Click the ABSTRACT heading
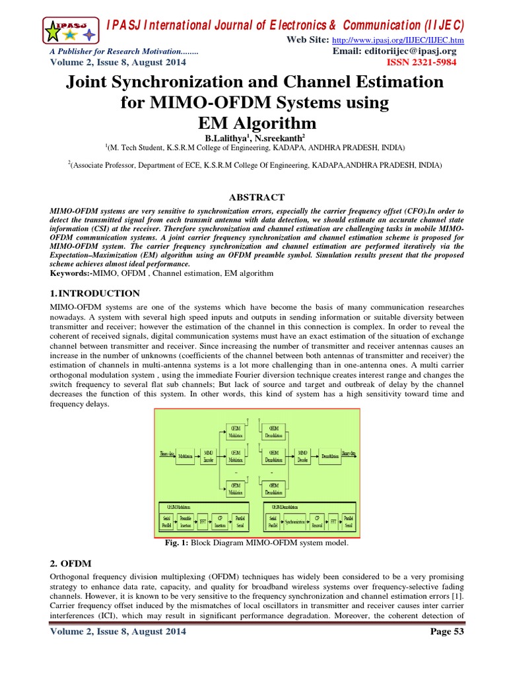click(x=256, y=197)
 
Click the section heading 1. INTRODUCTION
click(x=95, y=293)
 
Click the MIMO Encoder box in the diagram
click(x=209, y=455)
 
